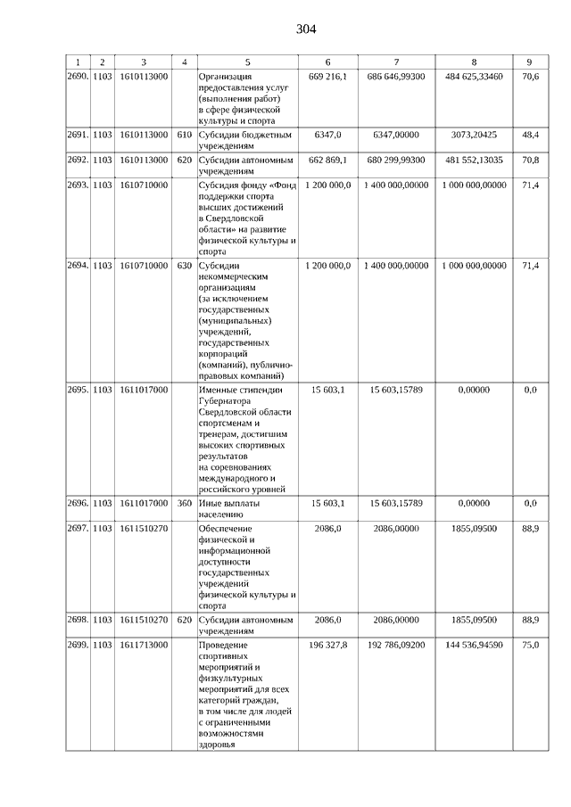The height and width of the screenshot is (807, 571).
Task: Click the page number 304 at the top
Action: click(x=306, y=29)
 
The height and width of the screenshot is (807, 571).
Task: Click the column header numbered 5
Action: click(x=247, y=62)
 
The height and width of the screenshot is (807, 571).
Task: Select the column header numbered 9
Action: click(x=530, y=62)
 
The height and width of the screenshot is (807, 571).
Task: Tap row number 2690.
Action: click(x=79, y=77)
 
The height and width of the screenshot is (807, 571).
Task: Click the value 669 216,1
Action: click(x=327, y=77)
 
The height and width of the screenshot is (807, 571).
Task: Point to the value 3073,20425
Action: click(x=474, y=135)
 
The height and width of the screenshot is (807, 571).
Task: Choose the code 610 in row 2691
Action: click(x=184, y=135)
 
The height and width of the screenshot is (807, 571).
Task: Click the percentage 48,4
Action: click(x=530, y=135)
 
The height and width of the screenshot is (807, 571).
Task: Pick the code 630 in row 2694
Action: click(x=184, y=266)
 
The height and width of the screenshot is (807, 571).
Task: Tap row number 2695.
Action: click(x=79, y=390)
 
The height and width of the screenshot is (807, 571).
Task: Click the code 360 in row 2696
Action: click(x=184, y=503)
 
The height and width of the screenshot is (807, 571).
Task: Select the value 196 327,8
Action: click(x=327, y=644)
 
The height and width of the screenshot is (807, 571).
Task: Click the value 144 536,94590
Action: click(x=474, y=644)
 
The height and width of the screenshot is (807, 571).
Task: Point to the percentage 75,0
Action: click(x=530, y=644)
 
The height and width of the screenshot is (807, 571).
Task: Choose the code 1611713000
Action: click(x=143, y=644)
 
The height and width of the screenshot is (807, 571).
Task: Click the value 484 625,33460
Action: click(x=474, y=77)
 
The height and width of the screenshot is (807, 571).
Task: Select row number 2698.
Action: click(x=79, y=618)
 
